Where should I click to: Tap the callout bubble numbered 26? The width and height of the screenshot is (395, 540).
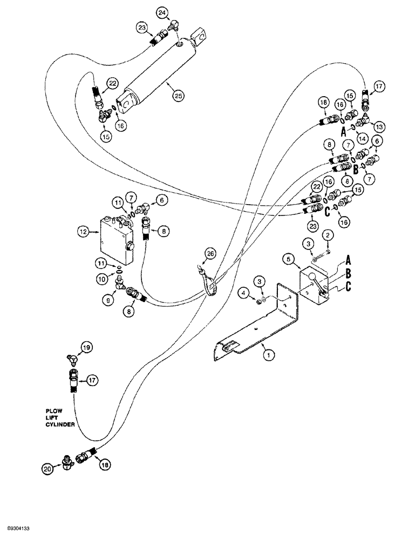(x=210, y=252)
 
